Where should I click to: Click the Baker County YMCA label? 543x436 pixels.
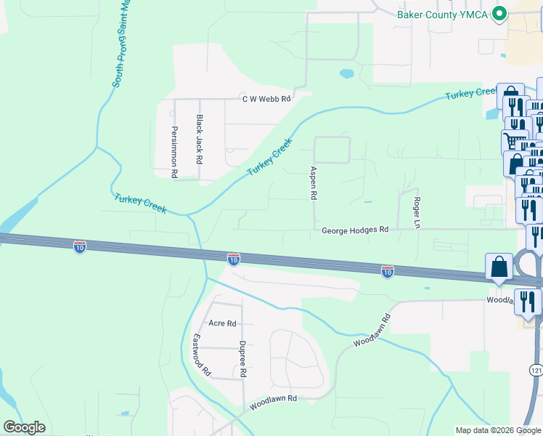(441, 15)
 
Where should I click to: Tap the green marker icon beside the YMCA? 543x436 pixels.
(499, 14)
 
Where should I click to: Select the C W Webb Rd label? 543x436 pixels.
(266, 99)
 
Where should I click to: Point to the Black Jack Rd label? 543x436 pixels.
(199, 137)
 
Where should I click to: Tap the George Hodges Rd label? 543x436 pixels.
(356, 230)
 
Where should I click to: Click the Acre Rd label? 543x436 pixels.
(222, 323)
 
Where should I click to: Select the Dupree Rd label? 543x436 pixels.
(243, 359)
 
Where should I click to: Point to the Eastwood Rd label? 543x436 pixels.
(201, 355)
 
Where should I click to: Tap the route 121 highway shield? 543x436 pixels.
(536, 371)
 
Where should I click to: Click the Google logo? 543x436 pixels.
(24, 427)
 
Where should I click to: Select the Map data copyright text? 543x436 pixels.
(497, 430)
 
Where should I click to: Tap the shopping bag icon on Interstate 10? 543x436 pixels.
(499, 267)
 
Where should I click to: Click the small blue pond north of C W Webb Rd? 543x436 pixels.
(346, 73)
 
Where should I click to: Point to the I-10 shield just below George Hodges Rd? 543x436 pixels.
(233, 259)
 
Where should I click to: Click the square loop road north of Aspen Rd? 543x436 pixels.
(331, 150)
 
